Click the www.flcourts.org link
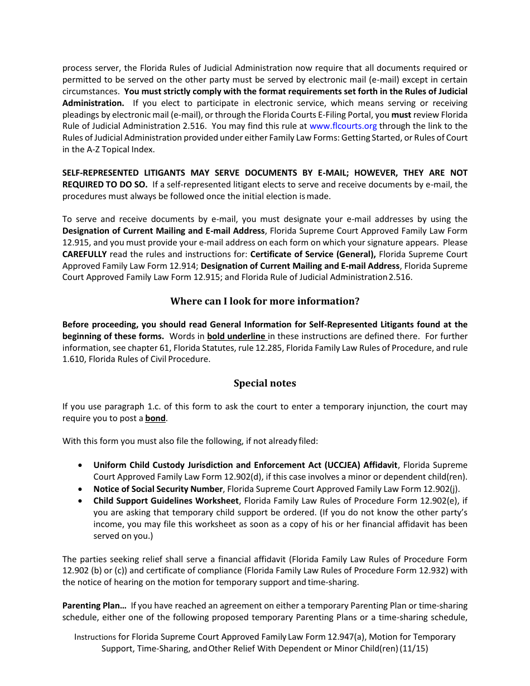(343, 126)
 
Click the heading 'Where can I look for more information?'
(264, 301)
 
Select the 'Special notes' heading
(264, 383)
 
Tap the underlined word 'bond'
(155, 418)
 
